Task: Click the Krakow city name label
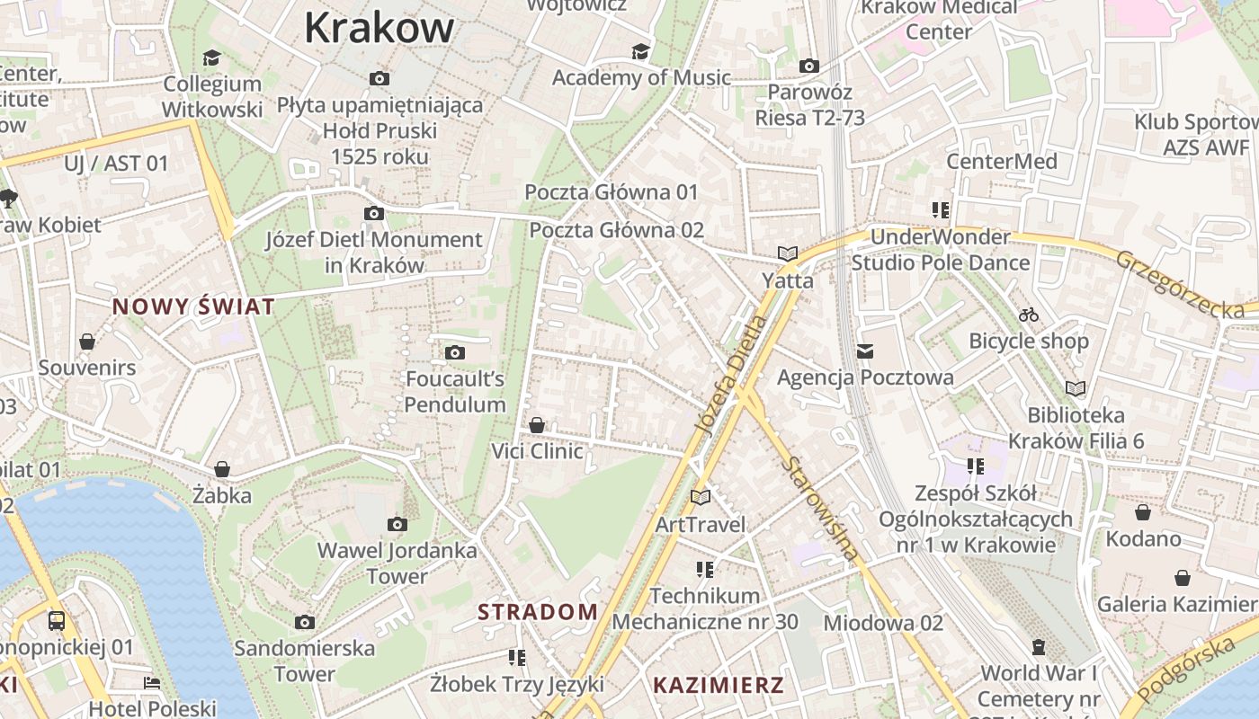click(x=379, y=27)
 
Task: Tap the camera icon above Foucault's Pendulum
click(x=455, y=352)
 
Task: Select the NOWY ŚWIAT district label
click(x=193, y=306)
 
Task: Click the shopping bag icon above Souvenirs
click(x=87, y=342)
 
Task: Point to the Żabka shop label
click(x=222, y=495)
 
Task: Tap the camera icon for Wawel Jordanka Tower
click(x=397, y=524)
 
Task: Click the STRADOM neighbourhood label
click(x=537, y=612)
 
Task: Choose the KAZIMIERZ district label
click(x=718, y=685)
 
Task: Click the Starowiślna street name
click(x=820, y=509)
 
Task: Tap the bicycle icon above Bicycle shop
click(x=1029, y=315)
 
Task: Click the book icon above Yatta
click(x=788, y=254)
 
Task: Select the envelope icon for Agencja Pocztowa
click(x=865, y=351)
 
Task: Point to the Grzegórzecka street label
click(x=1180, y=283)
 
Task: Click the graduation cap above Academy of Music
click(x=640, y=51)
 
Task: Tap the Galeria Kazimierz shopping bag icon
click(x=1182, y=578)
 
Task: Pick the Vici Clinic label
click(x=537, y=451)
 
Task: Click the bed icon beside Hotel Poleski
click(x=152, y=683)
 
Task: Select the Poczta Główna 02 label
click(x=616, y=230)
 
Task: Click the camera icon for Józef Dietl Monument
click(x=373, y=213)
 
